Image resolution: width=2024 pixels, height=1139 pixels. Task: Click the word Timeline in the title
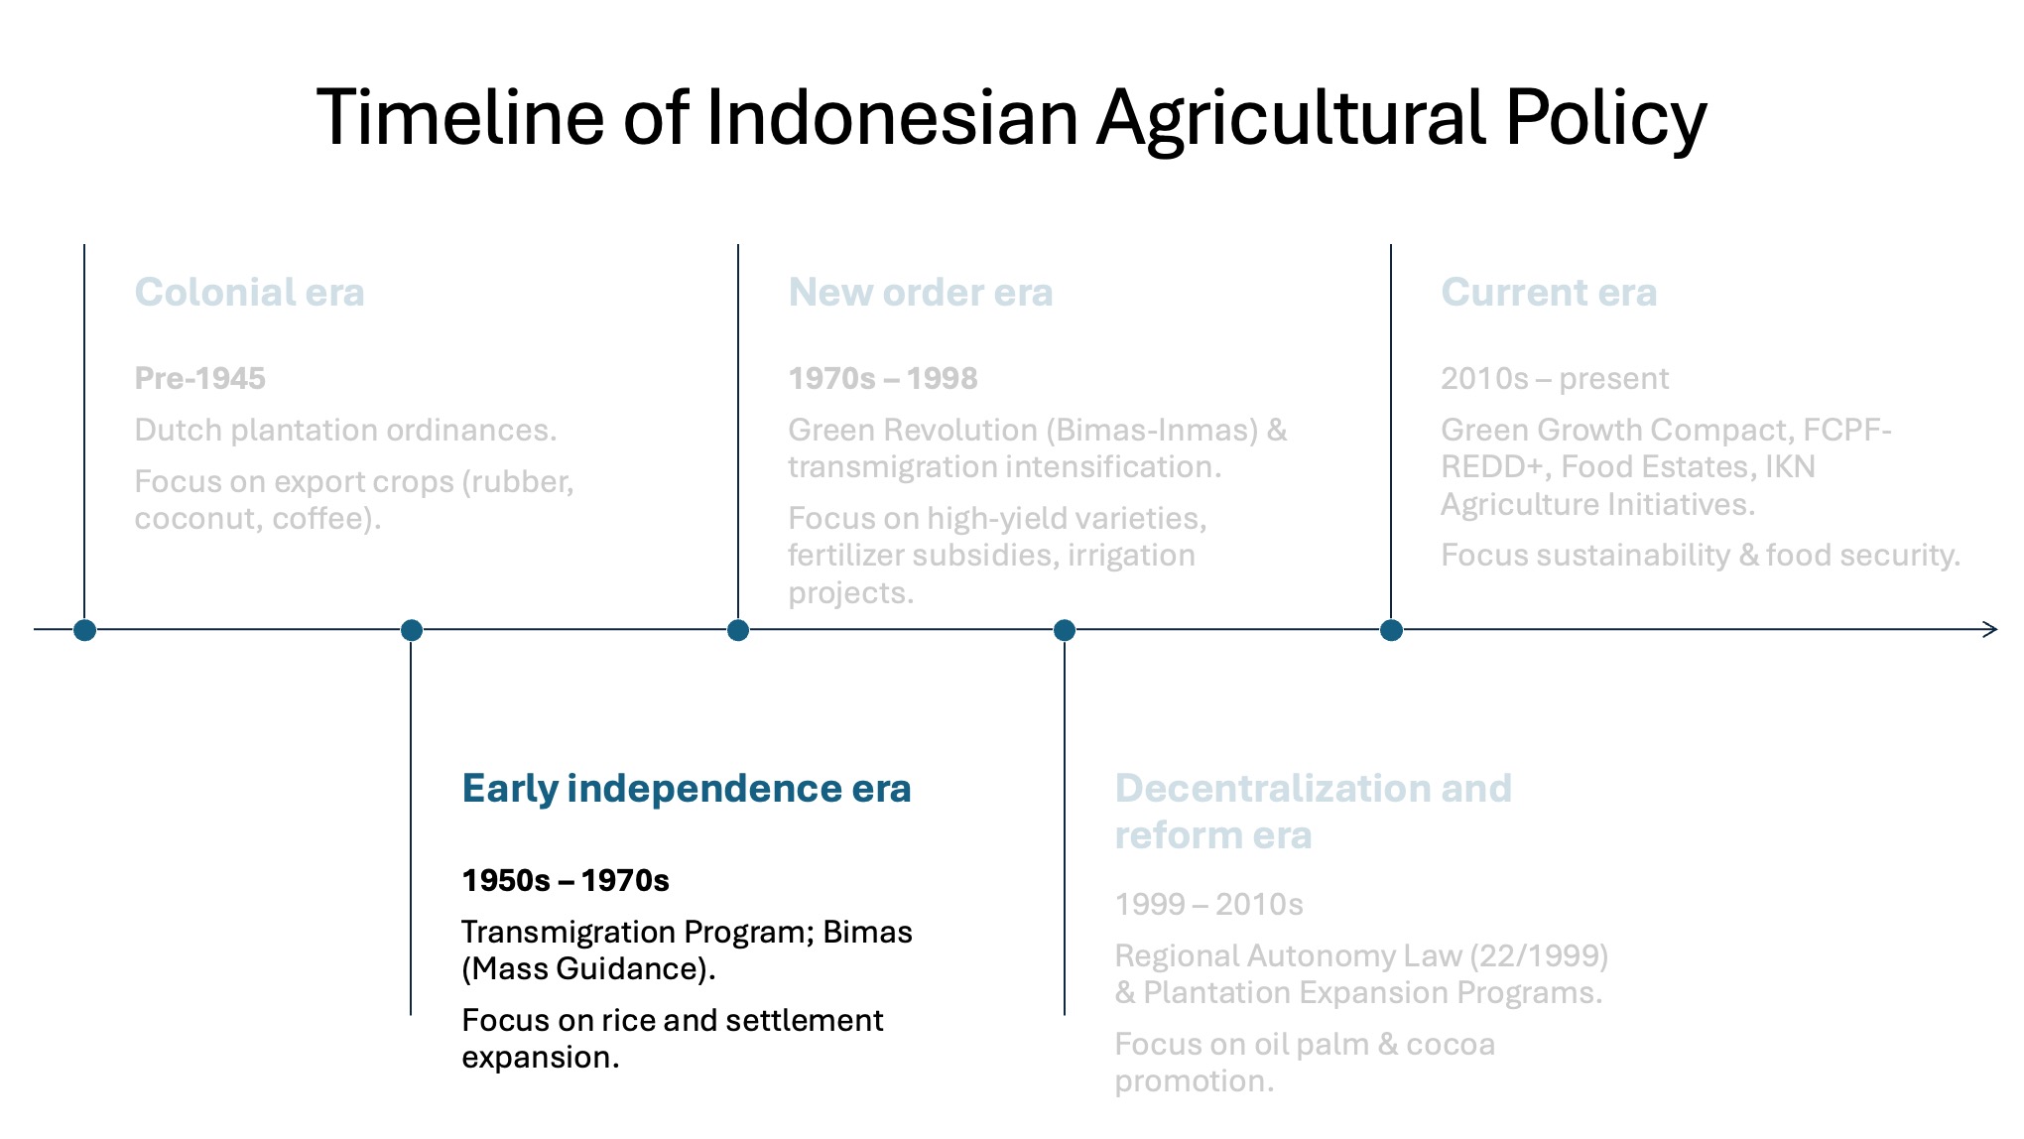click(x=460, y=117)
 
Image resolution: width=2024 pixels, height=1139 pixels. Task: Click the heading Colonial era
click(x=250, y=292)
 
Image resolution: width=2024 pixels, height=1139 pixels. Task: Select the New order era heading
click(x=921, y=292)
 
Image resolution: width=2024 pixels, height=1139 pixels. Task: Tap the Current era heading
click(x=1549, y=292)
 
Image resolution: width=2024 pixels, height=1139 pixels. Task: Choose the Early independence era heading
click(x=687, y=789)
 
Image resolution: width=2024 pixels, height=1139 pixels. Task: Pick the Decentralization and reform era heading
click(x=1314, y=812)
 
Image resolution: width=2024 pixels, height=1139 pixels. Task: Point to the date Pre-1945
click(x=200, y=378)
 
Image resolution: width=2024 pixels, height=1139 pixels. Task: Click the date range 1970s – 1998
click(x=883, y=378)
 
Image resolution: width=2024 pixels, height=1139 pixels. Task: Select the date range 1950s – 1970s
click(x=566, y=880)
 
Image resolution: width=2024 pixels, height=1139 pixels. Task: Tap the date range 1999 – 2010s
click(x=1209, y=904)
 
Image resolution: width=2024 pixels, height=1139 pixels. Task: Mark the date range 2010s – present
click(x=1555, y=378)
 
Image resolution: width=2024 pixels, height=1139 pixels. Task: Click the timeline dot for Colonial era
click(x=84, y=630)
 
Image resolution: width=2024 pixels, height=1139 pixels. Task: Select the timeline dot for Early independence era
click(x=412, y=630)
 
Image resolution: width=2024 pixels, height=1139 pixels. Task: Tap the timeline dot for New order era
click(x=738, y=630)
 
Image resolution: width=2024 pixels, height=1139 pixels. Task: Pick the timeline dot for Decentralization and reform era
click(x=1065, y=630)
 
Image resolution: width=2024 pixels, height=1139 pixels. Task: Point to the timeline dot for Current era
click(x=1391, y=630)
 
